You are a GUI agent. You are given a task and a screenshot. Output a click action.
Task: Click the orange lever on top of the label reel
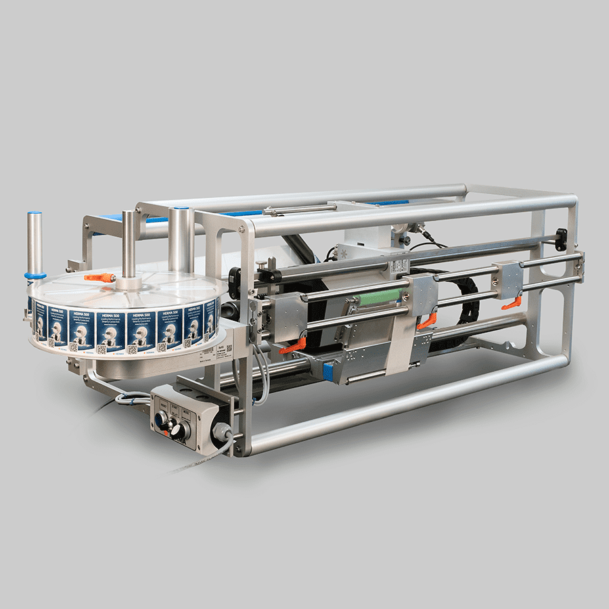[100, 277]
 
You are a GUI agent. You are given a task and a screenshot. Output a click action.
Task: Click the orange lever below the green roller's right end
[426, 323]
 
